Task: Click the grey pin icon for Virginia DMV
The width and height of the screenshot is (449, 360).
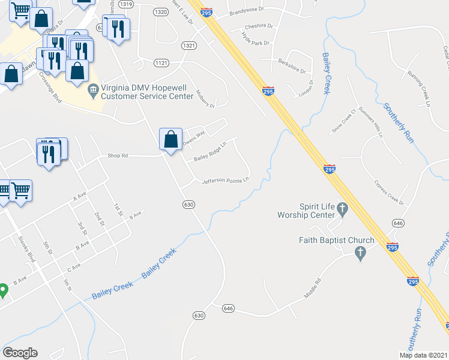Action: [93, 91]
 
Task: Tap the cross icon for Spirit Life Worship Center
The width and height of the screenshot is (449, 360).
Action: [343, 209]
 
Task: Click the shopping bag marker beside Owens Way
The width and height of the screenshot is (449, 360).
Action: [171, 139]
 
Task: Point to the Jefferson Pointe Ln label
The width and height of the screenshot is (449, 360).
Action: [225, 181]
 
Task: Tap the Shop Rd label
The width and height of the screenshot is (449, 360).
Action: [118, 155]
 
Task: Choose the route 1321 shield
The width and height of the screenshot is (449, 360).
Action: [189, 46]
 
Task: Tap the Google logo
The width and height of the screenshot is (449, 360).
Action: [20, 353]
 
